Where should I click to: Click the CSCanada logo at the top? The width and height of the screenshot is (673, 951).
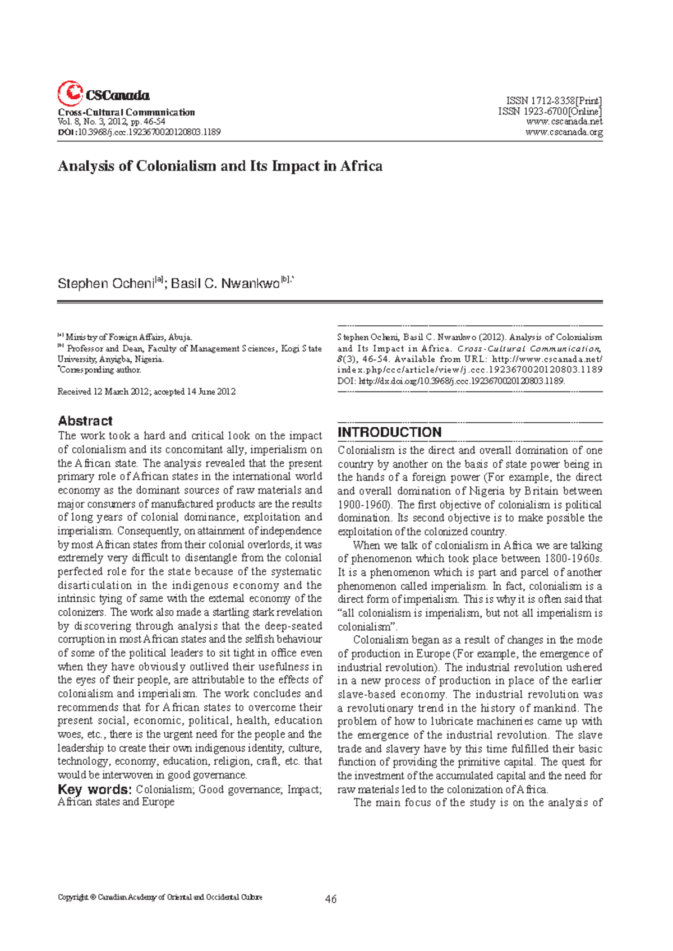click(x=103, y=94)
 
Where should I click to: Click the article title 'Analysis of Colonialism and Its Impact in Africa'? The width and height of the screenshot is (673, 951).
click(x=220, y=166)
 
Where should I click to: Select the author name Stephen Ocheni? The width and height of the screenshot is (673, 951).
click(x=105, y=284)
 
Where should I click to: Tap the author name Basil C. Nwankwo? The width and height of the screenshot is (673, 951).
click(x=225, y=284)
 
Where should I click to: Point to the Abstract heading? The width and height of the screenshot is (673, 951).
click(x=85, y=421)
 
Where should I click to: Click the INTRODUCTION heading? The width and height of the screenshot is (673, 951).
click(x=389, y=432)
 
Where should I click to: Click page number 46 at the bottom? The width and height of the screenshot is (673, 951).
click(x=331, y=899)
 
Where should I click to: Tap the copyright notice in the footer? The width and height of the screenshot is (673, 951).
click(x=160, y=897)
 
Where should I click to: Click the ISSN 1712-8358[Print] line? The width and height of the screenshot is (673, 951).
click(x=554, y=101)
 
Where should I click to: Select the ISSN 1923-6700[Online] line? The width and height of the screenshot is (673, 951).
click(x=550, y=112)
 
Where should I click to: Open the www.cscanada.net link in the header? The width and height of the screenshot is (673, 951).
click(x=564, y=122)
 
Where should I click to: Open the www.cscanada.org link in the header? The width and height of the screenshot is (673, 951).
click(x=564, y=132)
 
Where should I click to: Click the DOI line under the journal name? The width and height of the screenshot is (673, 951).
click(x=139, y=132)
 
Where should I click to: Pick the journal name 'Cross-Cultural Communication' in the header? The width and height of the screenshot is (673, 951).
click(x=126, y=112)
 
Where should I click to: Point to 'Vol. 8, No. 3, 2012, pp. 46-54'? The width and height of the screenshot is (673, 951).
click(x=112, y=122)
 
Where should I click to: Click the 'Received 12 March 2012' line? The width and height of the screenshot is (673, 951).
click(x=146, y=391)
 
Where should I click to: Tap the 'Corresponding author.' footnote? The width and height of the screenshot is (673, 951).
click(x=100, y=370)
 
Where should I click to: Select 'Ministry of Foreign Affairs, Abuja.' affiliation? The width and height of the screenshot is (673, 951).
click(x=128, y=338)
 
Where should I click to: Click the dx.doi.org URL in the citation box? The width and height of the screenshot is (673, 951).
click(x=461, y=381)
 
